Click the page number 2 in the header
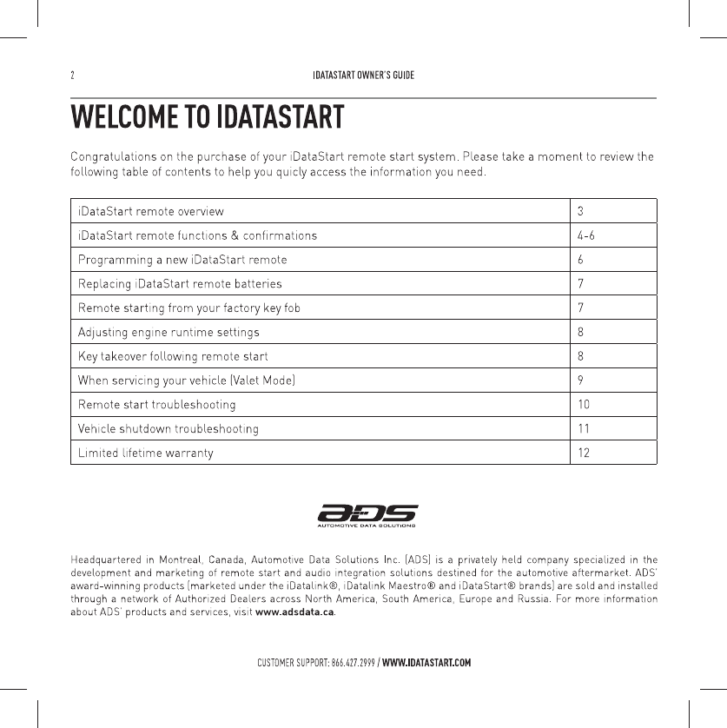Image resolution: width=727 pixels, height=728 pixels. click(x=72, y=75)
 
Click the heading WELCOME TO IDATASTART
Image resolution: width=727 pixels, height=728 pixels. click(x=207, y=116)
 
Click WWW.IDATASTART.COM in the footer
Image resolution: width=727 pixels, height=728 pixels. click(x=426, y=664)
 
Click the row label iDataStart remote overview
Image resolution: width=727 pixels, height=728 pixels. click(x=150, y=211)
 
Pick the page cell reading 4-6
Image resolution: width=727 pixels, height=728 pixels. click(x=586, y=235)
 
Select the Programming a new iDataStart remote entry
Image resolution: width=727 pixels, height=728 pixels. click(x=182, y=260)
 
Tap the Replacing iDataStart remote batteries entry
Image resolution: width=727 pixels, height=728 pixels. click(x=180, y=284)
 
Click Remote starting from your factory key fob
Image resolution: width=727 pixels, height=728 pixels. click(x=189, y=308)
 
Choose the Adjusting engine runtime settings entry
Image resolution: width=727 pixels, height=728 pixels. click(x=169, y=332)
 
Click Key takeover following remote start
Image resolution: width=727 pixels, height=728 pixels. click(x=173, y=356)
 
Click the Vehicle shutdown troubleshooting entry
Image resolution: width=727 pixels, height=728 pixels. click(x=168, y=428)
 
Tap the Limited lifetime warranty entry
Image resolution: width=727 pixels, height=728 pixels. click(x=145, y=453)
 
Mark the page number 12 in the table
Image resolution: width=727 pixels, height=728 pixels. click(x=585, y=453)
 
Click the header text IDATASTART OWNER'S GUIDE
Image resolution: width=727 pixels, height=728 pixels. click(x=363, y=75)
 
